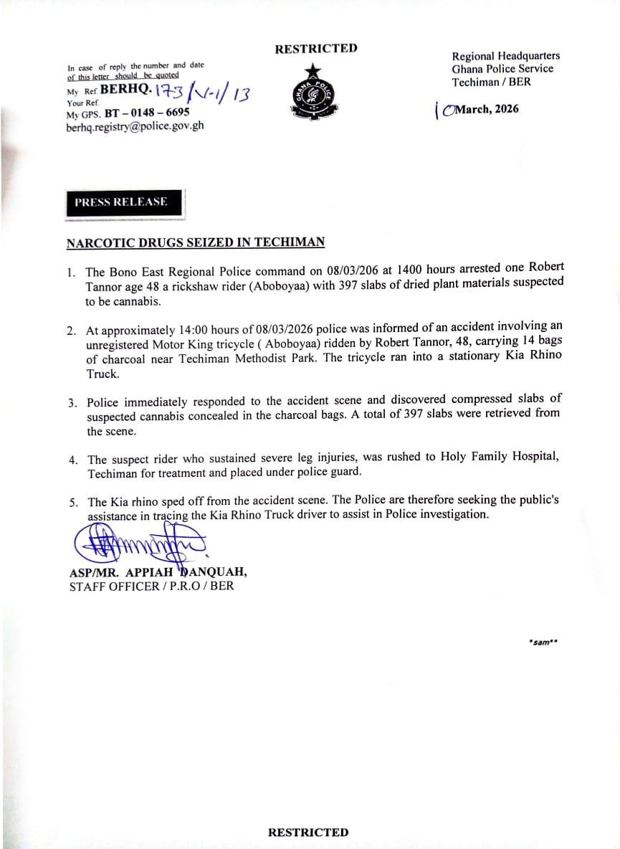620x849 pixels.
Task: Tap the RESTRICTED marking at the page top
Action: tap(316, 49)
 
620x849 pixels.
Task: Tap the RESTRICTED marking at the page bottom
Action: tap(308, 833)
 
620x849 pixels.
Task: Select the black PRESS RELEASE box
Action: tap(121, 202)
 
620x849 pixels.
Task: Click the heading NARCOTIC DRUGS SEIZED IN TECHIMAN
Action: tap(196, 242)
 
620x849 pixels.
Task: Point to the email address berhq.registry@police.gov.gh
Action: tap(135, 125)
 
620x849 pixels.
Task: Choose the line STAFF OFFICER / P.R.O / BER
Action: tap(151, 586)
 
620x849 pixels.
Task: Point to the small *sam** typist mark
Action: tap(542, 642)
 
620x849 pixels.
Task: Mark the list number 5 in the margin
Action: tap(73, 503)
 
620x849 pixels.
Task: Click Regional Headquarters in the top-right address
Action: tap(506, 56)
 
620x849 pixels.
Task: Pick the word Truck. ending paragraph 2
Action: tap(102, 374)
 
